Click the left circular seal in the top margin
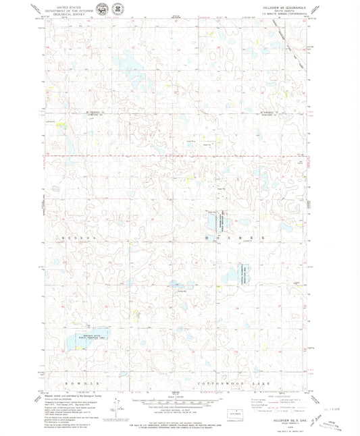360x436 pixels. point(101,9)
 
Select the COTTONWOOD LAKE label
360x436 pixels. point(241,383)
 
